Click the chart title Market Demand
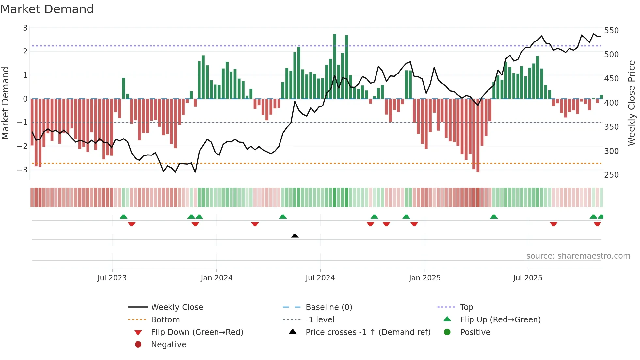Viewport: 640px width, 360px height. tap(47, 9)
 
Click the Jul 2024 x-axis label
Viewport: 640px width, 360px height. tap(320, 278)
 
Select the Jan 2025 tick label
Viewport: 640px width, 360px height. tap(424, 278)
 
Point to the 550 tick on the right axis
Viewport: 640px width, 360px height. tap(611, 31)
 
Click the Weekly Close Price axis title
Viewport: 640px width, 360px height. tap(632, 103)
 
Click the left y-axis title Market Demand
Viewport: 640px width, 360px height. tap(6, 103)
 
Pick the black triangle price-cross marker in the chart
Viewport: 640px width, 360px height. tap(295, 236)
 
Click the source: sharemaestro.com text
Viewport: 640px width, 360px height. tap(578, 256)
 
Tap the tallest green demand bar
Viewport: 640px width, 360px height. tap(335, 65)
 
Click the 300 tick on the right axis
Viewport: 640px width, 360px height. tap(611, 151)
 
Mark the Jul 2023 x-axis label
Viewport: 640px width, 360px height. tap(112, 278)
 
